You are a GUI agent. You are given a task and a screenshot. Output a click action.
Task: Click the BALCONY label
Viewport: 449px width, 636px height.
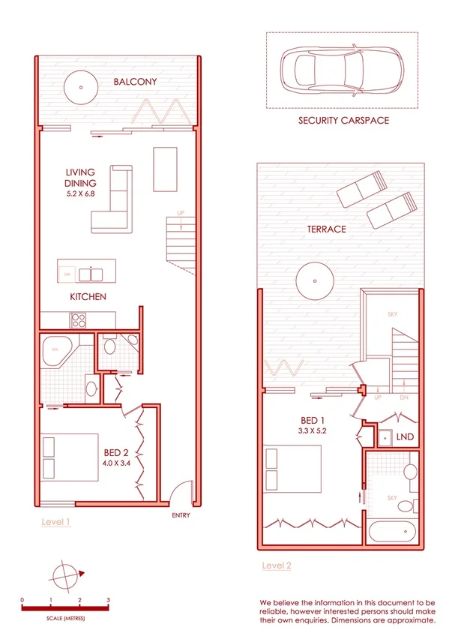[x=135, y=82]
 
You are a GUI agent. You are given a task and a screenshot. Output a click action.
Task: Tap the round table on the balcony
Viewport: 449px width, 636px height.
[x=78, y=88]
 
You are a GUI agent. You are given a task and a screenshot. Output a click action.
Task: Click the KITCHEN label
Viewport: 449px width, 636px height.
[x=88, y=297]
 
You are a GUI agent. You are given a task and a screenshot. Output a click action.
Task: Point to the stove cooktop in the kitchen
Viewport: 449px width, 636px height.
[x=78, y=320]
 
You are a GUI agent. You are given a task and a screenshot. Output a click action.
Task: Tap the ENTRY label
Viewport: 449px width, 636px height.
[x=181, y=515]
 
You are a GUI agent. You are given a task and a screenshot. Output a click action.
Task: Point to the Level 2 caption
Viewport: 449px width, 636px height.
[x=277, y=565]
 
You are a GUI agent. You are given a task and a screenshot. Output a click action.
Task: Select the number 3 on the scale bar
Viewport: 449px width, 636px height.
[x=109, y=601]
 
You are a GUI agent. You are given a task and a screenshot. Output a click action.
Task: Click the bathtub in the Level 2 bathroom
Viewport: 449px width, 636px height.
[x=392, y=534]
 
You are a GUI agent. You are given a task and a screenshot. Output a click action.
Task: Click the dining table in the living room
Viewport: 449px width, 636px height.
[x=165, y=169]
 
